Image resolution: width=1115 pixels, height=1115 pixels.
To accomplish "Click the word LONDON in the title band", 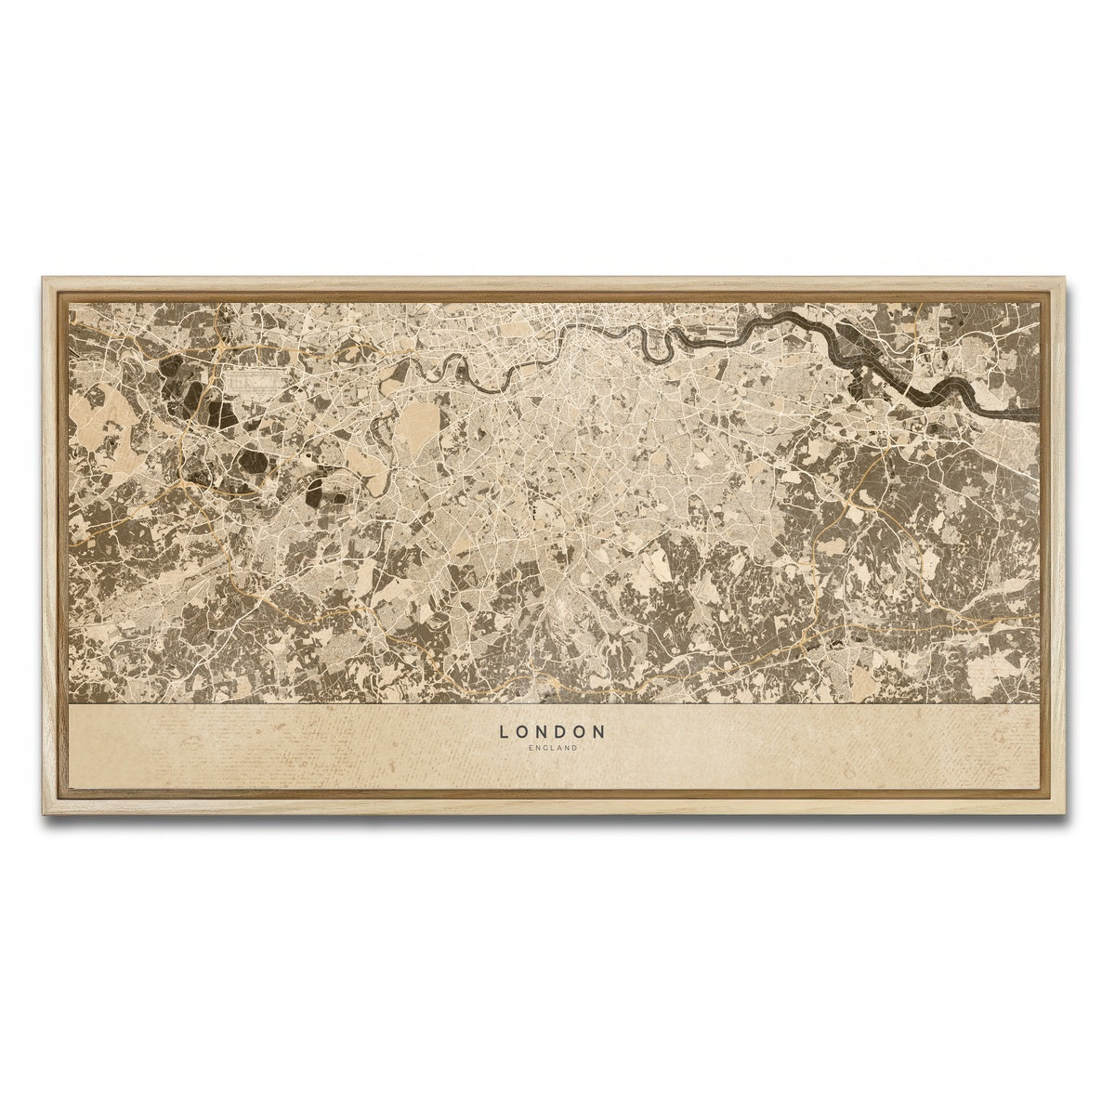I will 552,732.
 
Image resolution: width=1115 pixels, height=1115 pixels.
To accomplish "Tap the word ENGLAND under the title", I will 552,748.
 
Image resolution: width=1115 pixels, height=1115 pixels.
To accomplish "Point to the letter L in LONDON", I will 504,732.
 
